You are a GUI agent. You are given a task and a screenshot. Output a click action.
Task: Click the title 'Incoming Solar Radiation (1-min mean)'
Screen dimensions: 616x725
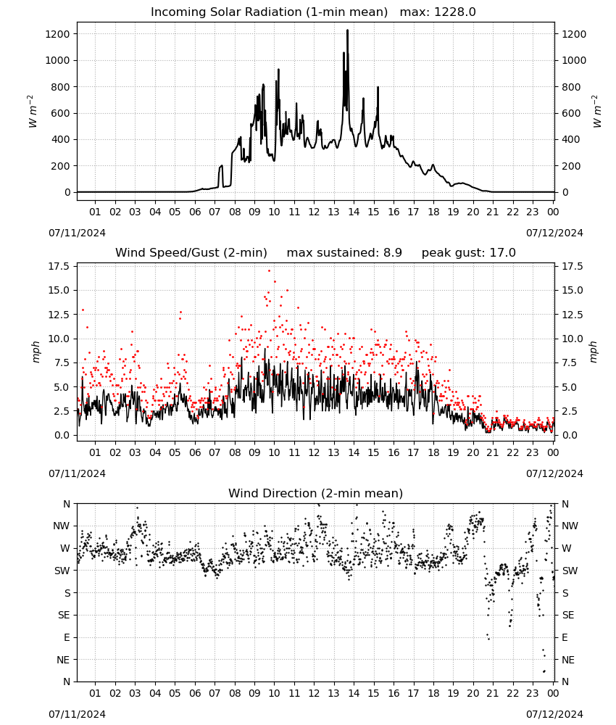pyautogui.click(x=269, y=12)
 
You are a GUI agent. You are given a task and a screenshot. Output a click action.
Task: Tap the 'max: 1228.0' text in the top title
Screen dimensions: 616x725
pyautogui.click(x=438, y=12)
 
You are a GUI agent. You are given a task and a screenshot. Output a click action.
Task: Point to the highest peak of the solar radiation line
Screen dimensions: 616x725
pyautogui.click(x=348, y=30)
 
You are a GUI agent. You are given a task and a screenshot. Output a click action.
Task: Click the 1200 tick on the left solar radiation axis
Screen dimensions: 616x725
pyautogui.click(x=57, y=34)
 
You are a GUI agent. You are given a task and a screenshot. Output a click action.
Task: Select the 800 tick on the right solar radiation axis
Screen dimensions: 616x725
pyautogui.click(x=571, y=87)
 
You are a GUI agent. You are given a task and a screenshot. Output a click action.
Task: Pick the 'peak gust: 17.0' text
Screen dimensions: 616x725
pyautogui.click(x=469, y=253)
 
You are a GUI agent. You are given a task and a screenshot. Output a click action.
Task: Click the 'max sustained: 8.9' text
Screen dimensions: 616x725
pyautogui.click(x=344, y=253)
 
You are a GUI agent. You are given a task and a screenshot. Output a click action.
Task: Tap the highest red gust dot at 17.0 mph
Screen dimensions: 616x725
pyautogui.click(x=270, y=271)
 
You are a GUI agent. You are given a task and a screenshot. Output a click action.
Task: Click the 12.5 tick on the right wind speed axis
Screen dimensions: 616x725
pyautogui.click(x=572, y=315)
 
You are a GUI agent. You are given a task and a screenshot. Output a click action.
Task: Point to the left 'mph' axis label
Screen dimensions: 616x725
pyautogui.click(x=36, y=352)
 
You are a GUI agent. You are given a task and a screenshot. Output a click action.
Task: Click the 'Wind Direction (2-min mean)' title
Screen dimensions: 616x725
pyautogui.click(x=316, y=494)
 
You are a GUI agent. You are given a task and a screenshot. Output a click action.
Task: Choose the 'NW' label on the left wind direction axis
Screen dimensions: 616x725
pyautogui.click(x=62, y=526)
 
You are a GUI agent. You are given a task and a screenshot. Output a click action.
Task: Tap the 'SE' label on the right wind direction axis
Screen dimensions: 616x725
pyautogui.click(x=568, y=616)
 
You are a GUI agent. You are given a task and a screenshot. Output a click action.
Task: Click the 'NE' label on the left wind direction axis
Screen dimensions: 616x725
pyautogui.click(x=63, y=660)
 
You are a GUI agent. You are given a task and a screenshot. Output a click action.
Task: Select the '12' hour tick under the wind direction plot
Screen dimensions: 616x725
pyautogui.click(x=315, y=693)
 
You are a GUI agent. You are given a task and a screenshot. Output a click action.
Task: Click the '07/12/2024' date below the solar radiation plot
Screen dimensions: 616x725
pyautogui.click(x=554, y=233)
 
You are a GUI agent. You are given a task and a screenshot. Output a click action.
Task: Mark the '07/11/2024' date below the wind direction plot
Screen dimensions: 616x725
pyautogui.click(x=77, y=714)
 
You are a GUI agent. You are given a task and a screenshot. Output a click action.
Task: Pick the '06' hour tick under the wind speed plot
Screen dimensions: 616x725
pyautogui.click(x=195, y=452)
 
